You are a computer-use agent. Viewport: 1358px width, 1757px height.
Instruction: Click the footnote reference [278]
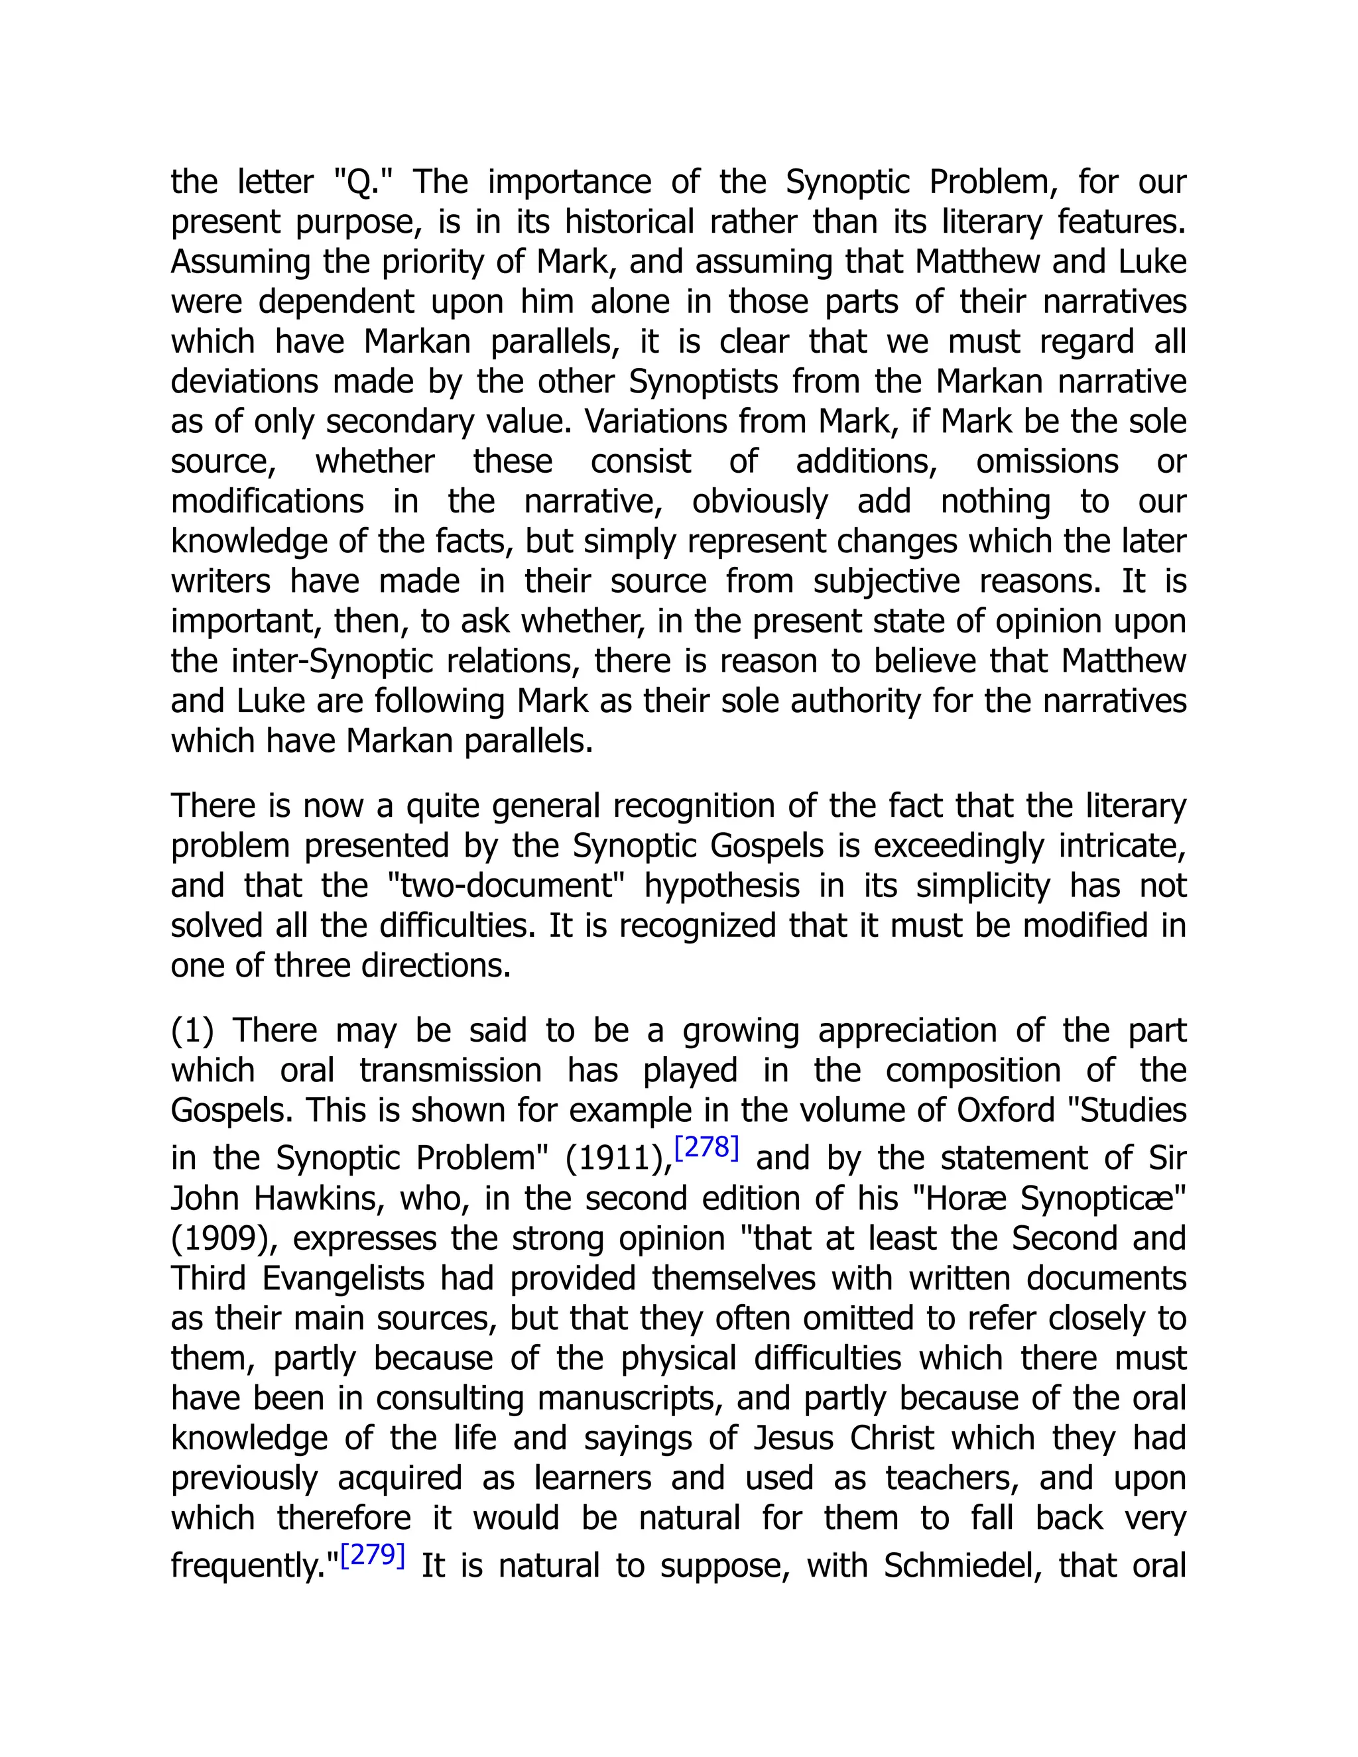706,1148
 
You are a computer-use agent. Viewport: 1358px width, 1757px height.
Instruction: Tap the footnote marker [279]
373,1555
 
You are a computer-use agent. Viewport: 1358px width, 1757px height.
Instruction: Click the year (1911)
619,1158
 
